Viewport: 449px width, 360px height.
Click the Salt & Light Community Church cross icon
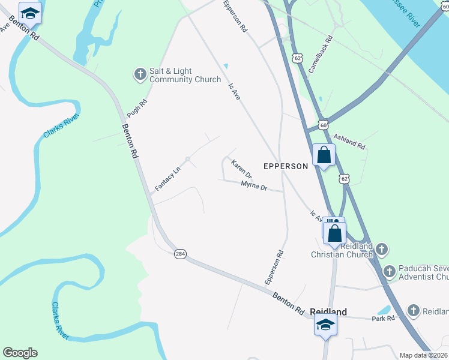point(140,75)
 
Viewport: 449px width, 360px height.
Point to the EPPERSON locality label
point(286,166)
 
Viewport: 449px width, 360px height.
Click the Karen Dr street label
point(242,168)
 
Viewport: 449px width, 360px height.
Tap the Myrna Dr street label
point(254,186)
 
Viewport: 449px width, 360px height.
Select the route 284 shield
point(180,254)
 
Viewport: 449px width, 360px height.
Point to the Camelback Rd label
point(321,57)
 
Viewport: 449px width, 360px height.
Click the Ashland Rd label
point(349,142)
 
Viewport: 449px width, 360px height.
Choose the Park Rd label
point(384,318)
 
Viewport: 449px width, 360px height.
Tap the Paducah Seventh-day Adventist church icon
point(390,272)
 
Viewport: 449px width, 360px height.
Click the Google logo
point(20,353)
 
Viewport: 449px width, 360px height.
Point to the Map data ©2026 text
point(423,355)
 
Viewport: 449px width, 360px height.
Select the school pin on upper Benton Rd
point(30,13)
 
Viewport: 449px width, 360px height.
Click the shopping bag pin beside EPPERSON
point(324,156)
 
